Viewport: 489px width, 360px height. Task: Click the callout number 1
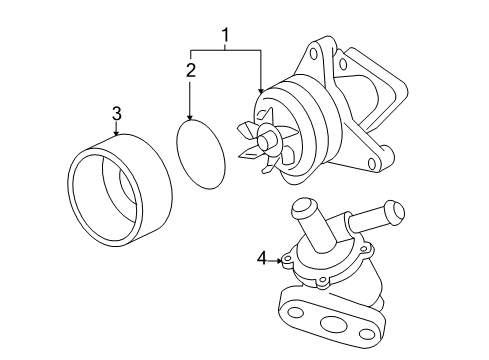coord(226,35)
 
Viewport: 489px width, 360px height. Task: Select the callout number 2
coord(191,70)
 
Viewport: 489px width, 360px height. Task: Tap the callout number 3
coord(116,114)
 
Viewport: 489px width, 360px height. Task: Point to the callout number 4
coord(262,258)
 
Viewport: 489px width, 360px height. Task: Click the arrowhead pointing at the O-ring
coord(190,117)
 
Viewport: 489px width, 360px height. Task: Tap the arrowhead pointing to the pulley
coord(116,133)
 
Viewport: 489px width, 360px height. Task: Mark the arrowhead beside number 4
coord(279,261)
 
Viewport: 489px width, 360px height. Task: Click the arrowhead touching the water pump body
coord(261,90)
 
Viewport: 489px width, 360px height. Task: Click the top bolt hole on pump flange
coord(314,54)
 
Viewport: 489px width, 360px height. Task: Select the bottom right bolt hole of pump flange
coord(372,163)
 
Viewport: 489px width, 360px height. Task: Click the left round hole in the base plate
coord(295,312)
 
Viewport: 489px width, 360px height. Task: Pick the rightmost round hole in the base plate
coord(367,333)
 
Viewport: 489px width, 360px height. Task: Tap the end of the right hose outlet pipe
coord(396,211)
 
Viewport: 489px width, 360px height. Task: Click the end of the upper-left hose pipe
coord(304,207)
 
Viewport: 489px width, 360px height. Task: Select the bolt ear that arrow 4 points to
coord(287,260)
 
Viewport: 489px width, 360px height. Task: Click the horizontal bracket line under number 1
coord(225,50)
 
